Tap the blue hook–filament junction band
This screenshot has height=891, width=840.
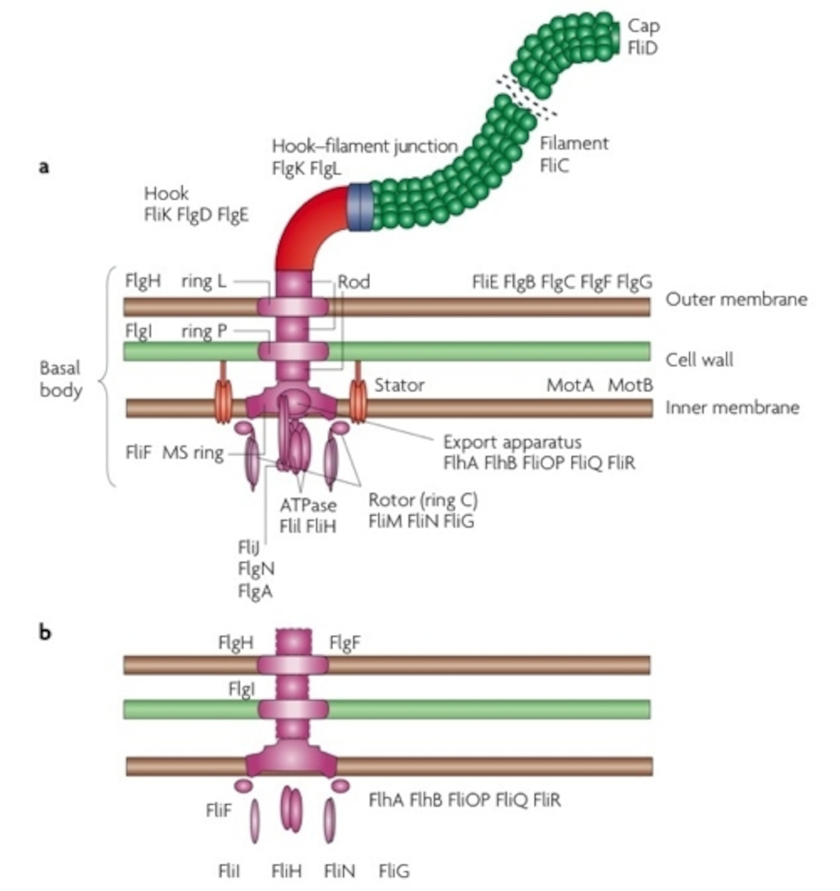click(x=360, y=207)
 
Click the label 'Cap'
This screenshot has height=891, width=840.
click(x=643, y=26)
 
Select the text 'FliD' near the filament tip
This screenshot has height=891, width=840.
click(x=642, y=48)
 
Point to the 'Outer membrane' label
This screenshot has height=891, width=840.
click(x=736, y=299)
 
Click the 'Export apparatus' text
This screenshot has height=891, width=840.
click(x=512, y=442)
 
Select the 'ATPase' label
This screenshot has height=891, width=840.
click(x=308, y=506)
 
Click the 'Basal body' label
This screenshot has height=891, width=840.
click(x=61, y=379)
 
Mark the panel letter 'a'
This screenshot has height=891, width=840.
click(x=44, y=167)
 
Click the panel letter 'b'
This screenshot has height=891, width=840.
click(x=45, y=633)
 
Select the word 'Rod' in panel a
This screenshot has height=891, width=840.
click(x=353, y=282)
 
